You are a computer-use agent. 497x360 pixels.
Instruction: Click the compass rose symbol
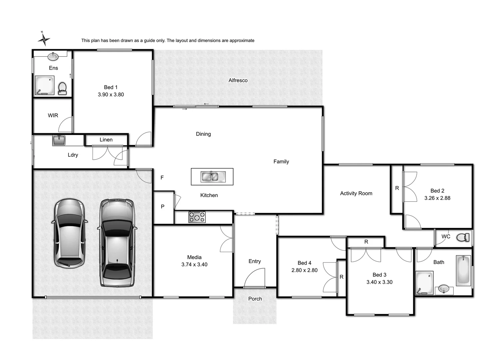pos(44,39)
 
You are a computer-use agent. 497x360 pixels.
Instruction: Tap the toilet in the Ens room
pos(62,88)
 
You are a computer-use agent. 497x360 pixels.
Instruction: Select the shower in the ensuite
pos(44,86)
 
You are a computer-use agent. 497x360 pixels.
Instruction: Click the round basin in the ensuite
pos(53,57)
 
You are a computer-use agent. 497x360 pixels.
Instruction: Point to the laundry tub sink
pos(59,140)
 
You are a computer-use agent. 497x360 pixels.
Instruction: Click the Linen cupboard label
pos(106,140)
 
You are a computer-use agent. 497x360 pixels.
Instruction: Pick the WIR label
pos(53,115)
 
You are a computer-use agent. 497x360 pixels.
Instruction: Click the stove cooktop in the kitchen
pos(197,217)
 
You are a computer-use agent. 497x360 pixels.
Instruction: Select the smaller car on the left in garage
pos(69,233)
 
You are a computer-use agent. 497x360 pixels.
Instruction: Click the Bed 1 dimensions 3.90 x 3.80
pos(111,95)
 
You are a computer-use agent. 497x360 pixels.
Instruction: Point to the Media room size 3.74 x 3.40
pos(194,265)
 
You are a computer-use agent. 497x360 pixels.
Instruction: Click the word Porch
pos(255,299)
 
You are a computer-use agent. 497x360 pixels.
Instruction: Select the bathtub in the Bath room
pos(463,271)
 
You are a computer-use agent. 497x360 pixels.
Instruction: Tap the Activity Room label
pos(356,193)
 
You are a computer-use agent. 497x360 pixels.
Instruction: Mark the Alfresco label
pos(238,80)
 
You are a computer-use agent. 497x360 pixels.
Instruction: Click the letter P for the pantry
pos(163,207)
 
